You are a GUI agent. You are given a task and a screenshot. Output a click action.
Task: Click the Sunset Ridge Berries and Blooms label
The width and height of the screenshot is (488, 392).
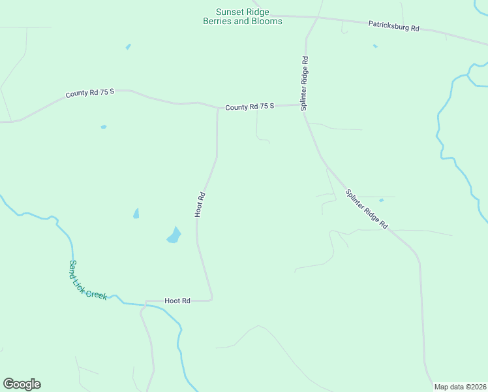243,16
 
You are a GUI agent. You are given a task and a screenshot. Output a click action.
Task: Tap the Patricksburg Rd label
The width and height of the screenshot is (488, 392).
393,27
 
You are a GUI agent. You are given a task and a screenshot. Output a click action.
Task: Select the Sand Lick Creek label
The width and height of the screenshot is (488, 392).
87,280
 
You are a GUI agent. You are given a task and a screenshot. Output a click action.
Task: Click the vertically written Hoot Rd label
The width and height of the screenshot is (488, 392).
200,204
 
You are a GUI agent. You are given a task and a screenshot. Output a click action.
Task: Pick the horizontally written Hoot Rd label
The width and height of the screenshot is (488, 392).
177,301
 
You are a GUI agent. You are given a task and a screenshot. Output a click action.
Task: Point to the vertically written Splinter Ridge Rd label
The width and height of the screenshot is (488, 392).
304,83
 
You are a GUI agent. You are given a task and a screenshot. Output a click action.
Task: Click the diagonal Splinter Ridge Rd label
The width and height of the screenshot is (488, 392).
367,209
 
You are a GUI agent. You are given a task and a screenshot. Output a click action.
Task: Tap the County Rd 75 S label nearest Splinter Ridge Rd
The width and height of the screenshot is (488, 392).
250,106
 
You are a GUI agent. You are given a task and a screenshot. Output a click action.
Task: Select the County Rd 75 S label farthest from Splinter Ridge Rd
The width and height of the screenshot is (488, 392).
90,93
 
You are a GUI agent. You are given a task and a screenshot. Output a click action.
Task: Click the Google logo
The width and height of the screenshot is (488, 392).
22,384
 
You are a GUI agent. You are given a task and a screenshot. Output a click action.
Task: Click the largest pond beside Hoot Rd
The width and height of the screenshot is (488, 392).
174,235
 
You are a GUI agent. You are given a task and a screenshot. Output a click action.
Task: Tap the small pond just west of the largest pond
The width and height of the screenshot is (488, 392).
136,214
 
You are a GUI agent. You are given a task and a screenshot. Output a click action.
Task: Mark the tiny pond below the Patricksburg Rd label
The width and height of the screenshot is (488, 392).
375,46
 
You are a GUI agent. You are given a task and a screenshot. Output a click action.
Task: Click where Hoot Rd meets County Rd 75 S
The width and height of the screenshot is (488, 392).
217,109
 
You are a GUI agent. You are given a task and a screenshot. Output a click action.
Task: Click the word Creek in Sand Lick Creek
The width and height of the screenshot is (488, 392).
97,291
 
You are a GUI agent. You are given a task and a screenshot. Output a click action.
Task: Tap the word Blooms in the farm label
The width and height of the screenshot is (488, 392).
267,21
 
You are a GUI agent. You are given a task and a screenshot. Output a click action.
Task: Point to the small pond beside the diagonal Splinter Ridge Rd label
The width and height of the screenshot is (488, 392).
382,199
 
